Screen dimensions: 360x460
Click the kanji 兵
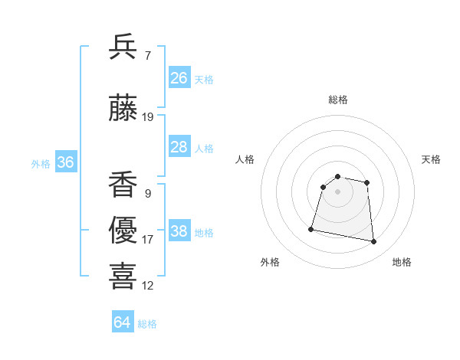coord(123,47)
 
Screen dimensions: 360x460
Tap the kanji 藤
coord(123,109)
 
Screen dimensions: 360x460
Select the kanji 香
coord(123,185)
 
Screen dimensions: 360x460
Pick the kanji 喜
coord(123,276)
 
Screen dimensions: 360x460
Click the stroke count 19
coord(148,117)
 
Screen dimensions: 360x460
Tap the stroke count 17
coord(148,240)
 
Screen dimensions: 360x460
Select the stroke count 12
coord(148,286)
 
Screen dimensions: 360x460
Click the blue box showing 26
coord(179,77)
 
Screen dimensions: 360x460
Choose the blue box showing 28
coord(179,147)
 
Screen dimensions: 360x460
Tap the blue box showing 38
coord(179,231)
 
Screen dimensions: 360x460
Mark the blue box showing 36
coord(65,162)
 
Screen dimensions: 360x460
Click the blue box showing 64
coord(123,322)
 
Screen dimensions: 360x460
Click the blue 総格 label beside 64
coord(147,324)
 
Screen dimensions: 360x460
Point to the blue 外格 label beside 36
coord(41,163)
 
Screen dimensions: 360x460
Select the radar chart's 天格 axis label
coord(431,159)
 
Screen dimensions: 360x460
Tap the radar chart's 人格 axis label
coord(245,159)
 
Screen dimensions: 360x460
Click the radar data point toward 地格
coord(374,242)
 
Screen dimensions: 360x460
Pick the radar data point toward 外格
coord(311,229)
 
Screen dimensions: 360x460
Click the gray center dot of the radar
coord(338,191)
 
